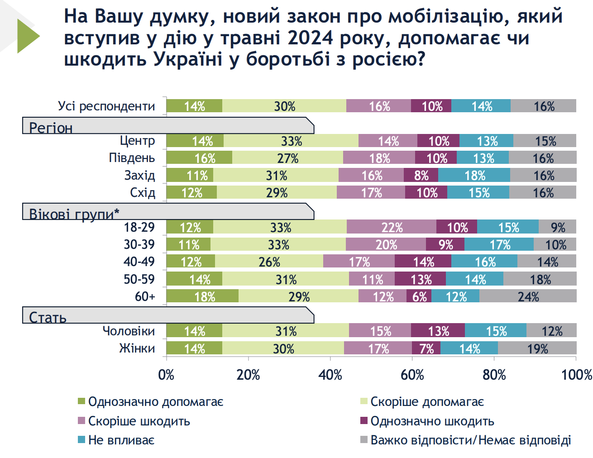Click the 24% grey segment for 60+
coord(528,296)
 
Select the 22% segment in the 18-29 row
coord(392,227)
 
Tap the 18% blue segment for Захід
coord(474,176)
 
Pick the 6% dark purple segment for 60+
coord(419,296)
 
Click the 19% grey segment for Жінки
coord(537,348)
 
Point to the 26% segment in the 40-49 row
coord(269,262)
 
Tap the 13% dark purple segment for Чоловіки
coord(438,331)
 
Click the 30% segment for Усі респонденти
coord(284,106)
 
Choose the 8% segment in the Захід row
coord(421,176)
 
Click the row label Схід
coord(143,193)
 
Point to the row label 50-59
coord(139,279)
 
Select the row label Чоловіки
coord(129,331)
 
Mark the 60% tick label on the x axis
coord(412,375)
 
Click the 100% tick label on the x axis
coord(576,375)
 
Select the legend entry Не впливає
coord(121,440)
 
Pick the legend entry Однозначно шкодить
coord(432,421)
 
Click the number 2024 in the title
coord(311,38)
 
